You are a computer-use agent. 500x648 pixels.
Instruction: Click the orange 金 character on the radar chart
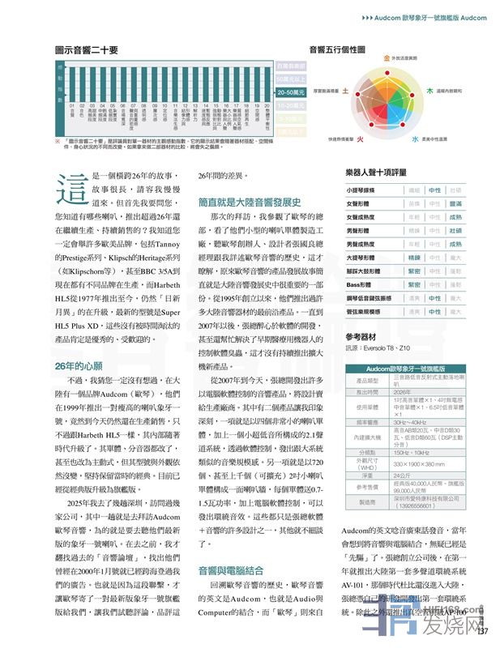[x=386, y=59]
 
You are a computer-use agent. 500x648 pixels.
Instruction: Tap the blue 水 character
[x=414, y=139]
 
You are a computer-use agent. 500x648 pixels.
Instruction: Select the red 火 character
[x=360, y=139]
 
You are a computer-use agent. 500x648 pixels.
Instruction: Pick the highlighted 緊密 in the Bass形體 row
[x=414, y=284]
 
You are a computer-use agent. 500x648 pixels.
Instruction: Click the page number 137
[x=483, y=633]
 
